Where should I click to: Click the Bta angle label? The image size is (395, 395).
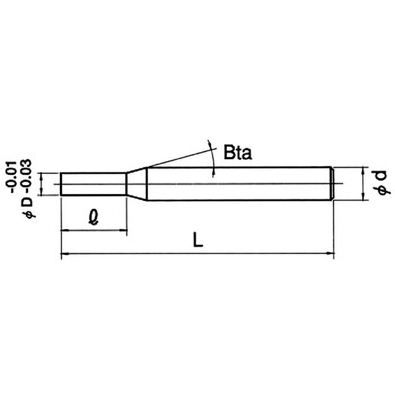[237, 153]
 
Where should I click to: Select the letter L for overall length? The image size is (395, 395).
[198, 239]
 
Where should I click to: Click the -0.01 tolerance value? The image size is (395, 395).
[11, 177]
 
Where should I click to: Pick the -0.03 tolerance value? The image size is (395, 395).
[26, 177]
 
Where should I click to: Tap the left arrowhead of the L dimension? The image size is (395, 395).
[65, 253]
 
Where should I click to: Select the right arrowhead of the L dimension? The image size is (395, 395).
[330, 253]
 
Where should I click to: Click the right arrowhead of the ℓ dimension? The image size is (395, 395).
[123, 230]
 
